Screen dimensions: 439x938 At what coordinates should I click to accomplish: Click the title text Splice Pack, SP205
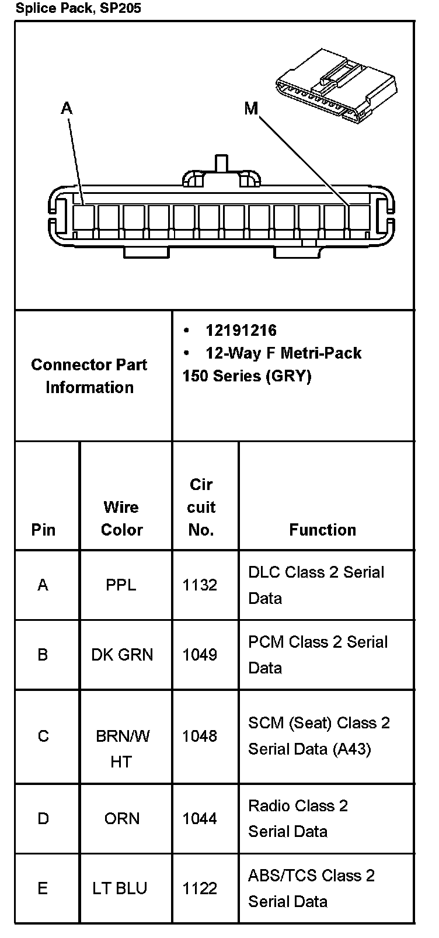[78, 8]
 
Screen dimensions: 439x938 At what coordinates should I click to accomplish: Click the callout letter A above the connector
[67, 109]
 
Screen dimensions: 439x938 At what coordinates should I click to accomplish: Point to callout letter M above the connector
[251, 109]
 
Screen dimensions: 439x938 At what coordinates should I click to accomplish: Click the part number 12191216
[241, 331]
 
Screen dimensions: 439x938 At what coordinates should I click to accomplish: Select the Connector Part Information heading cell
[89, 376]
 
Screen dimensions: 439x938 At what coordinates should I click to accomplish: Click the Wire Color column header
[121, 518]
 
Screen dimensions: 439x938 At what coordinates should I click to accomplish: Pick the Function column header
[322, 530]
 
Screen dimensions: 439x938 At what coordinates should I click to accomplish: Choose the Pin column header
[43, 530]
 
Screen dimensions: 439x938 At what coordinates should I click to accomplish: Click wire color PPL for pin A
[121, 585]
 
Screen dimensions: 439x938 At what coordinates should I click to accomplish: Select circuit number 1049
[200, 655]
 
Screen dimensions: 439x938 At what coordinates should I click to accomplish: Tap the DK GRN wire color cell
[122, 655]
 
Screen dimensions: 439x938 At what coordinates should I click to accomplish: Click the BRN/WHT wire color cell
[122, 748]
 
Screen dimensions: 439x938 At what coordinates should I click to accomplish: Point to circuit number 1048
[200, 736]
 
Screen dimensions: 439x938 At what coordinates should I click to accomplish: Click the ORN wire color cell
[122, 818]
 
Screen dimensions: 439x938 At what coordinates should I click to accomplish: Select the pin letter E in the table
[43, 888]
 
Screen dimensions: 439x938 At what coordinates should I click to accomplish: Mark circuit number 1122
[200, 888]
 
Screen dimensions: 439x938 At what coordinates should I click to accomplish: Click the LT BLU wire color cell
[120, 888]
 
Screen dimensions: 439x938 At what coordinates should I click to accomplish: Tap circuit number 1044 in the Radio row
[200, 818]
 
